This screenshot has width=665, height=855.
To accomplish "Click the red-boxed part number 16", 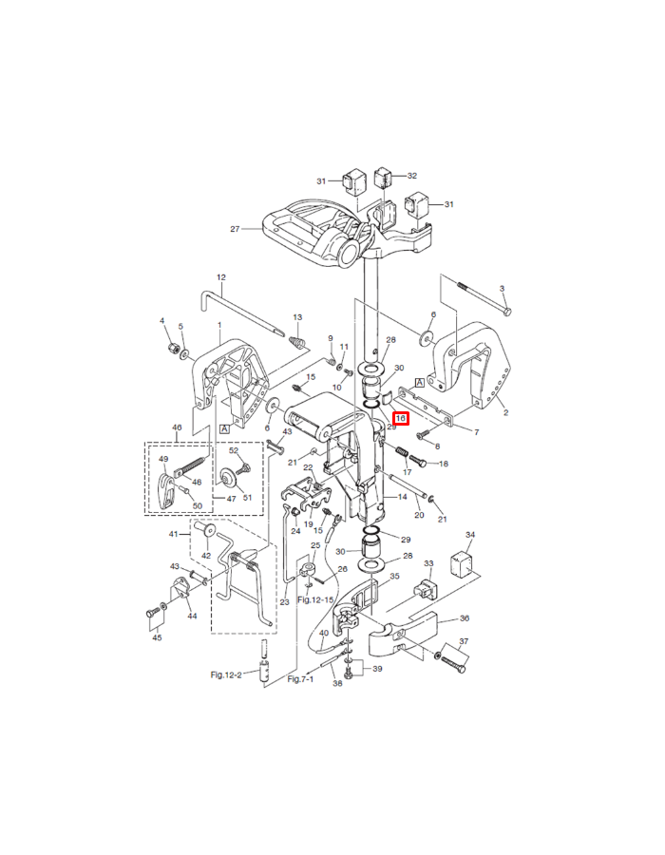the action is click(x=401, y=419).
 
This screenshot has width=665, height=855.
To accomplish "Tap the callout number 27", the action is click(x=235, y=229).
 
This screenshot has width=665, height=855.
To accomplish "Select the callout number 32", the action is click(x=412, y=176).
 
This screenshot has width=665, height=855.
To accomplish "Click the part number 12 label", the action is click(x=220, y=277).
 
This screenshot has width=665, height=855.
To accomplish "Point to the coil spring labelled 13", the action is click(x=296, y=342).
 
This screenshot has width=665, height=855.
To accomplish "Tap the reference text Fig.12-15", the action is click(x=315, y=599).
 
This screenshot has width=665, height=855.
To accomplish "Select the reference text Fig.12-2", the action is click(x=226, y=675).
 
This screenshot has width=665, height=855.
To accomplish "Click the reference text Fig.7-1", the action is click(x=301, y=679).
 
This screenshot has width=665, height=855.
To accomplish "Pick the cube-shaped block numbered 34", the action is click(x=462, y=562).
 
